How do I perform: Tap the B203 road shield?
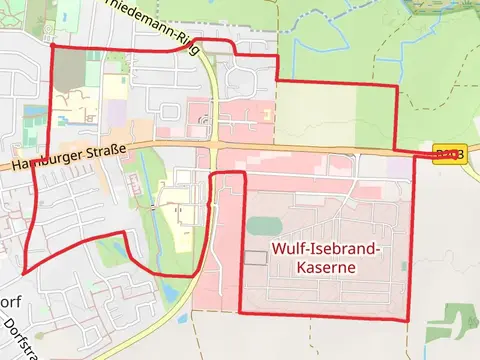(x=449, y=153)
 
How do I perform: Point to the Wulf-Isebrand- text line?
(x=325, y=248)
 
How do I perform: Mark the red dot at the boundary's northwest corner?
(x=51, y=45)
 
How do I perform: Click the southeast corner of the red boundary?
(x=408, y=319)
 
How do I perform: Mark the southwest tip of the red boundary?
(x=22, y=271)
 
